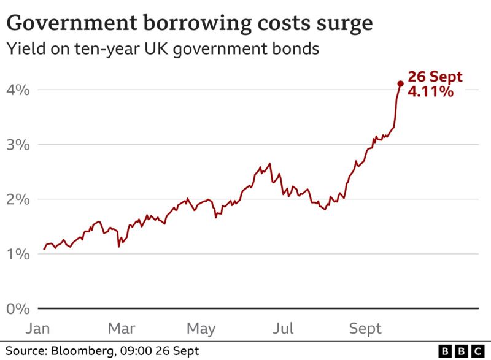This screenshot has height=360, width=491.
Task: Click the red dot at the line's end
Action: coord(400,83)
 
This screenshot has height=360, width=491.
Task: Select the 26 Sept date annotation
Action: coord(435,78)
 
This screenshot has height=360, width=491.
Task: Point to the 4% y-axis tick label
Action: coord(18,90)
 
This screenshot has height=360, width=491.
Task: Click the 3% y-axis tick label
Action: coord(18,145)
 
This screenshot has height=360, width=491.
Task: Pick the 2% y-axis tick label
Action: coord(18,199)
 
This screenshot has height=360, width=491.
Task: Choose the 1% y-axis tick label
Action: coord(18,254)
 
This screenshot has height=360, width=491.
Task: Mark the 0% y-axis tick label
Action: coord(18,308)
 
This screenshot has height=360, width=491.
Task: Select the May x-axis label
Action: coord(202,329)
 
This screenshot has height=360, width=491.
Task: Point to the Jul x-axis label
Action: coord(283,329)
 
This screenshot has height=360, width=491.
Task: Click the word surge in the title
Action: coord(341,24)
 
